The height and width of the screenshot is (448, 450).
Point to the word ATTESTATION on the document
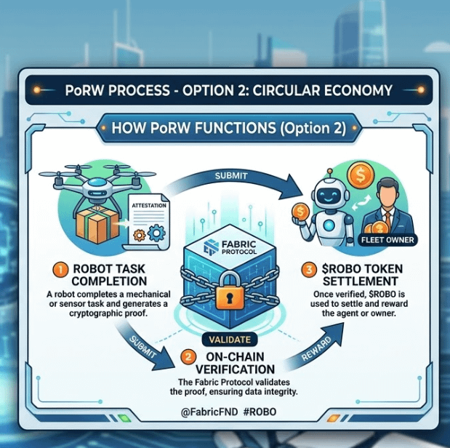pos(149,206)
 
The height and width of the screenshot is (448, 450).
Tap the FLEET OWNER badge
pos(387,239)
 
